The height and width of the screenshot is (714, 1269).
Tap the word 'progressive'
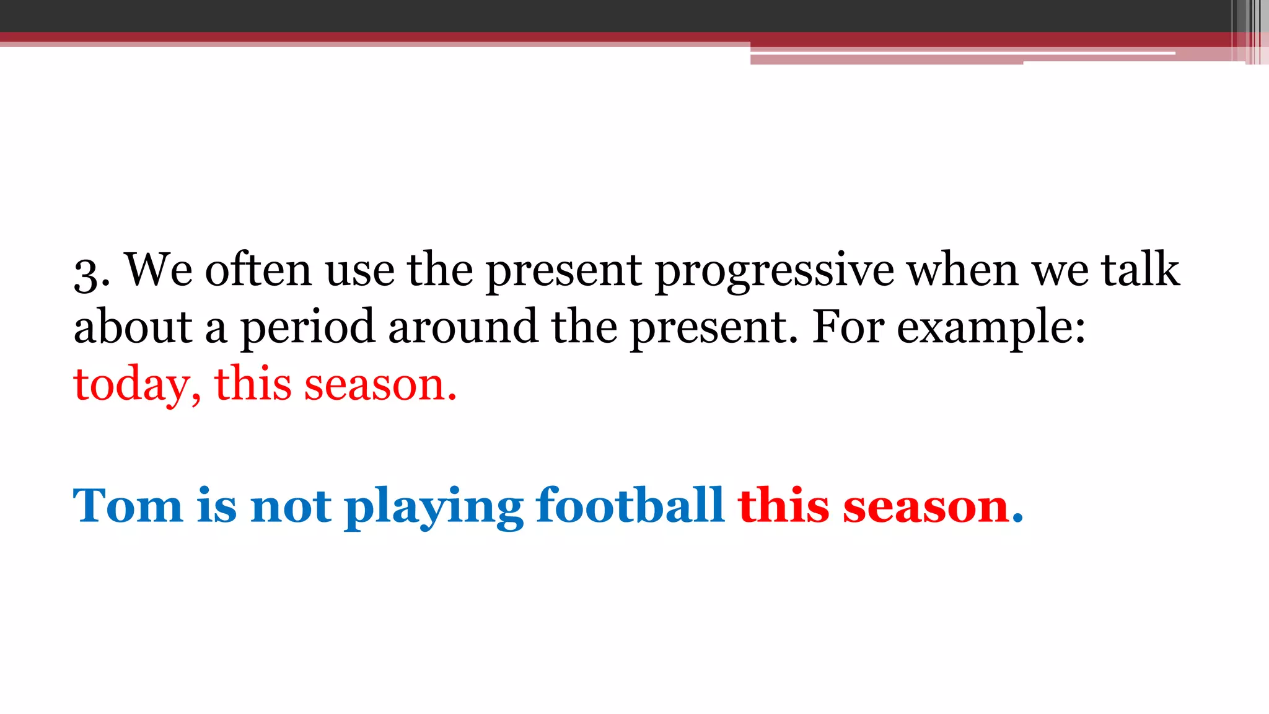(775, 271)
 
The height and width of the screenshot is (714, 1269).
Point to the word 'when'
(963, 270)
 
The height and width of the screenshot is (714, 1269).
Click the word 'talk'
(1140, 270)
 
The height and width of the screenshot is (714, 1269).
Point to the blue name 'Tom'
(128, 506)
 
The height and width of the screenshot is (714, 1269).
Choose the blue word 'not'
(291, 506)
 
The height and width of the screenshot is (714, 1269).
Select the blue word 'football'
(630, 505)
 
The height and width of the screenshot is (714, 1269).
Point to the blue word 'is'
(217, 505)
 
